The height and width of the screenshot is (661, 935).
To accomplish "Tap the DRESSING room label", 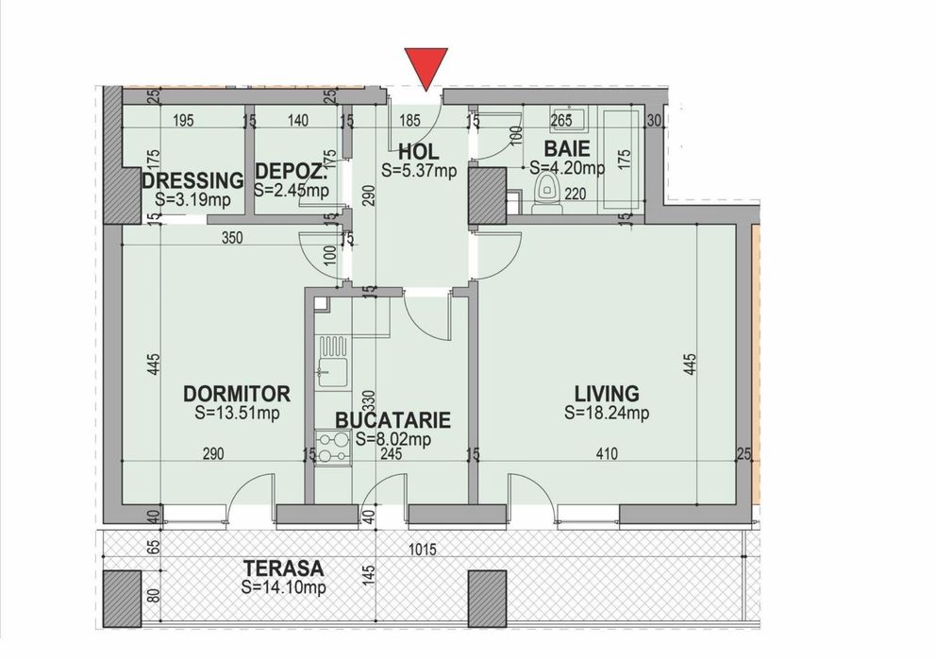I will tap(193, 180).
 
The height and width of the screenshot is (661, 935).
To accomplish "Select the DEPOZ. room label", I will tap(292, 174).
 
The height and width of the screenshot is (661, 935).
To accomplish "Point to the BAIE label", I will tap(567, 149).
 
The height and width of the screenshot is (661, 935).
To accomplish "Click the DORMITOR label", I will tap(237, 394).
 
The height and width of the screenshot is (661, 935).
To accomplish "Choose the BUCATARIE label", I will tap(392, 421).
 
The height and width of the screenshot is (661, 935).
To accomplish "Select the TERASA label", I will tap(283, 568).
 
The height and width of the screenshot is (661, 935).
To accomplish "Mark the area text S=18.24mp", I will tap(607, 413).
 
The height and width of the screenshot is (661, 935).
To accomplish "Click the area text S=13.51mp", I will tap(237, 413).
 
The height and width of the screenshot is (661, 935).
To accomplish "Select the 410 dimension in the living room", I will tap(606, 454).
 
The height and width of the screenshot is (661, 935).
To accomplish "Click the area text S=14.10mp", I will tap(283, 587).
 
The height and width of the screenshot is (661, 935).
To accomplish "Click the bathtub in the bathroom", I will tap(622, 155).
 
